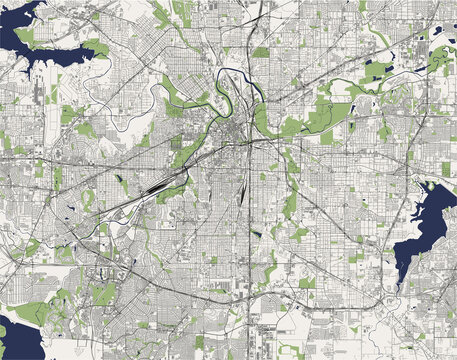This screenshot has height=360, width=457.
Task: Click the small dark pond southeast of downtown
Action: pyautogui.click(x=255, y=232)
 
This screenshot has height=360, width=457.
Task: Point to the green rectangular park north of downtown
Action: pyautogui.click(x=261, y=52)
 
